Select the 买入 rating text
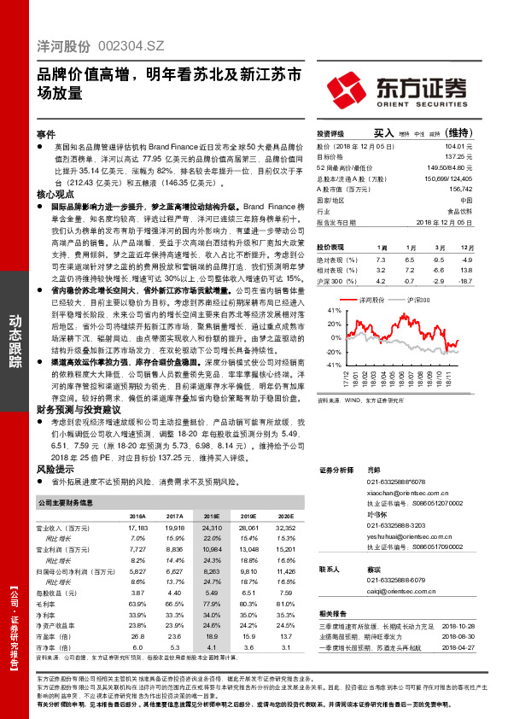tap(382, 133)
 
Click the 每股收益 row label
tap(55, 592)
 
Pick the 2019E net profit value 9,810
tap(248, 570)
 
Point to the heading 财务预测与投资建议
tap(79, 409)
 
